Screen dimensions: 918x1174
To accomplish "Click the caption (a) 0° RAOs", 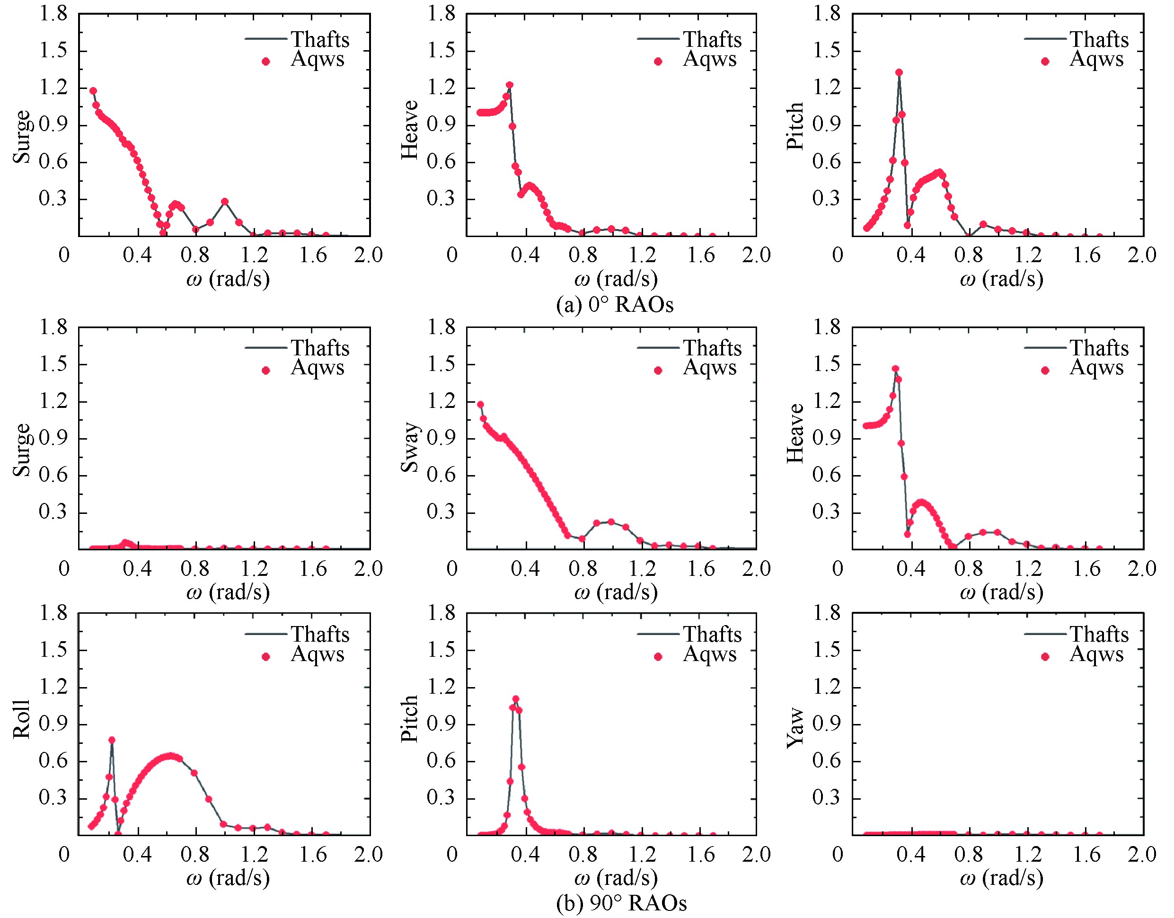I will coord(614,305).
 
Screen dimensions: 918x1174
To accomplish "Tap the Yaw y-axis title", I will coord(795,728).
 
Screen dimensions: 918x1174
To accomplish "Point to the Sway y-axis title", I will coord(410,447).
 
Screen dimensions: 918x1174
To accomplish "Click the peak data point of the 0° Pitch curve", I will coord(899,72).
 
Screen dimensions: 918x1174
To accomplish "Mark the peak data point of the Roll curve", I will coord(112,740).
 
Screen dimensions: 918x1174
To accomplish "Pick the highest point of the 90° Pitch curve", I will coord(515,699).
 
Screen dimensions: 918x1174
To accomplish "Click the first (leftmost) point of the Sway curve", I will coord(481,405).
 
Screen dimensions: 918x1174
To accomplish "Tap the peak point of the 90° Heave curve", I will coord(895,369).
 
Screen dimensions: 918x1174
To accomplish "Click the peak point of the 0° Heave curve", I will coord(510,85).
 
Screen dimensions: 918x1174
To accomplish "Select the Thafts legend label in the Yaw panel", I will coord(1099,635).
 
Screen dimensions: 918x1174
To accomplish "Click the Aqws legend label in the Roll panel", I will coord(318,654).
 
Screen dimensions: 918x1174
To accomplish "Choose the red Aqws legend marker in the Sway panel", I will coord(658,371).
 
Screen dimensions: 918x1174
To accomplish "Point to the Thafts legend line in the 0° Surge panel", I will coord(265,39).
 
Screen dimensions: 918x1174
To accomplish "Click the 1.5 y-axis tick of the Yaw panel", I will coord(826,650).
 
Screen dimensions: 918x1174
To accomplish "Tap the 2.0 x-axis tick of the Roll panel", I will coord(368,855).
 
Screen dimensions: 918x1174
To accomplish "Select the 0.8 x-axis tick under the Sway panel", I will coord(583,569).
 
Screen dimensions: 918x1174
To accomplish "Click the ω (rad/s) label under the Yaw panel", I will coord(1001,878).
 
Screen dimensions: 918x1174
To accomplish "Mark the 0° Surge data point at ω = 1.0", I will coord(225,202).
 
